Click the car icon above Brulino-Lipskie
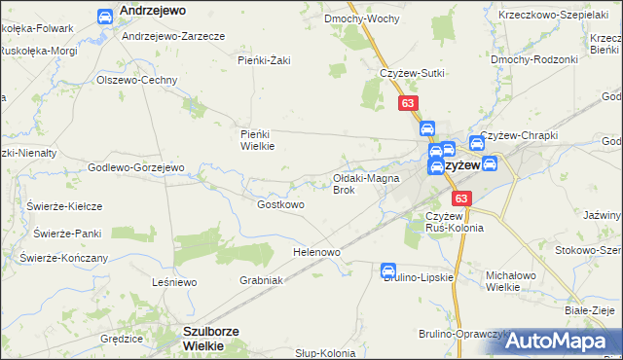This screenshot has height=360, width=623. tap(388, 270)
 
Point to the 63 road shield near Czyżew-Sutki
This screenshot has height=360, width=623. tap(408, 102)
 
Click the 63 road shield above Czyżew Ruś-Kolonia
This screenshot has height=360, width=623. tap(461, 198)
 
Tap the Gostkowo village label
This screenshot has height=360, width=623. tap(280, 205)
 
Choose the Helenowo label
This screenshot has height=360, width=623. tap(316, 253)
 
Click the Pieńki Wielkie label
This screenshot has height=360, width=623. tap(258, 140)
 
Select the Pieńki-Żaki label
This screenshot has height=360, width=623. tap(264, 60)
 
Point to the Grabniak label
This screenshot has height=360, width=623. tap(261, 280)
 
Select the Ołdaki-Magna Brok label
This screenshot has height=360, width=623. tap(362, 184)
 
